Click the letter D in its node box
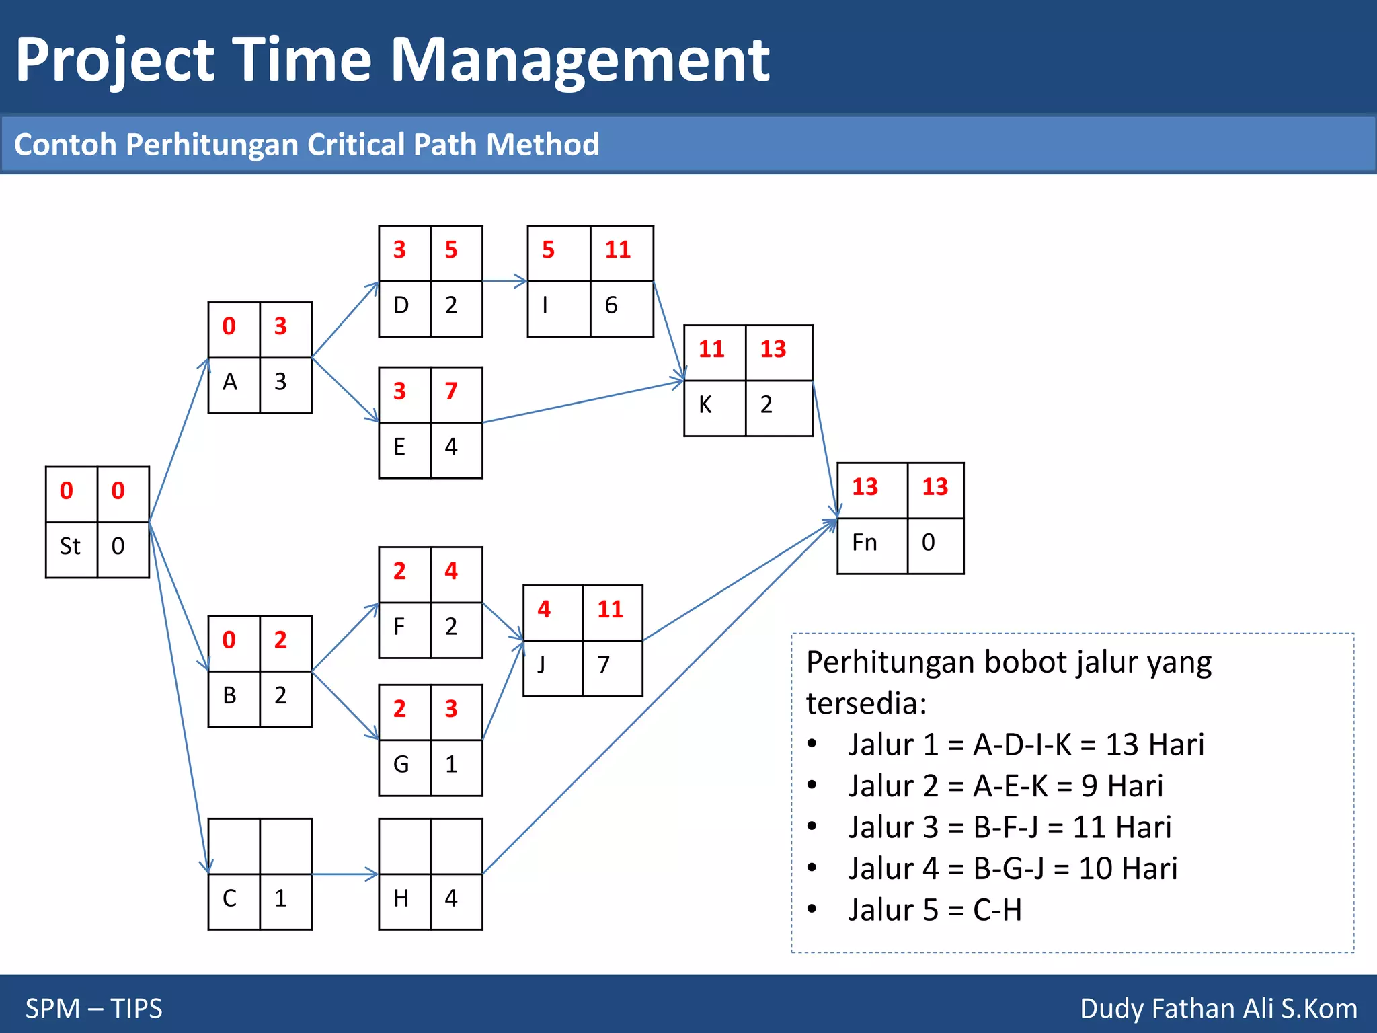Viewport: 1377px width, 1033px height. pos(401,305)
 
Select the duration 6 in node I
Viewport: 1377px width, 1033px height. pos(611,305)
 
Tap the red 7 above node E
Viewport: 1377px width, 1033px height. pos(451,391)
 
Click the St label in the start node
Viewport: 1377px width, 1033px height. pos(70,546)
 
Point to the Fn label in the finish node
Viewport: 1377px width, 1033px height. pos(865,543)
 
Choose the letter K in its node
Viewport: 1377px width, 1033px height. pos(705,405)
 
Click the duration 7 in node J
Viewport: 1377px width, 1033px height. pos(604,665)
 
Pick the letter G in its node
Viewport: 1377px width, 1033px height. pos(401,765)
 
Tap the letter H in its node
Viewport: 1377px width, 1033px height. pos(401,898)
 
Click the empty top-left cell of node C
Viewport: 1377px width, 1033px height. pos(233,846)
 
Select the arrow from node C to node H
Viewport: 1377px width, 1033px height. pos(345,874)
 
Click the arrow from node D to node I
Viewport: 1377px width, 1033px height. pos(504,281)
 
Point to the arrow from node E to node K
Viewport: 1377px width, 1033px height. pos(582,402)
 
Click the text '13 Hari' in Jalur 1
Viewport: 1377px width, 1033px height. pos(1154,745)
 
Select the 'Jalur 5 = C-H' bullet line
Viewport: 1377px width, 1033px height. pos(935,911)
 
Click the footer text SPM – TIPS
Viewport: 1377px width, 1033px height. pos(94,1008)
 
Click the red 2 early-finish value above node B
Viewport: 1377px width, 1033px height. pos(280,640)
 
